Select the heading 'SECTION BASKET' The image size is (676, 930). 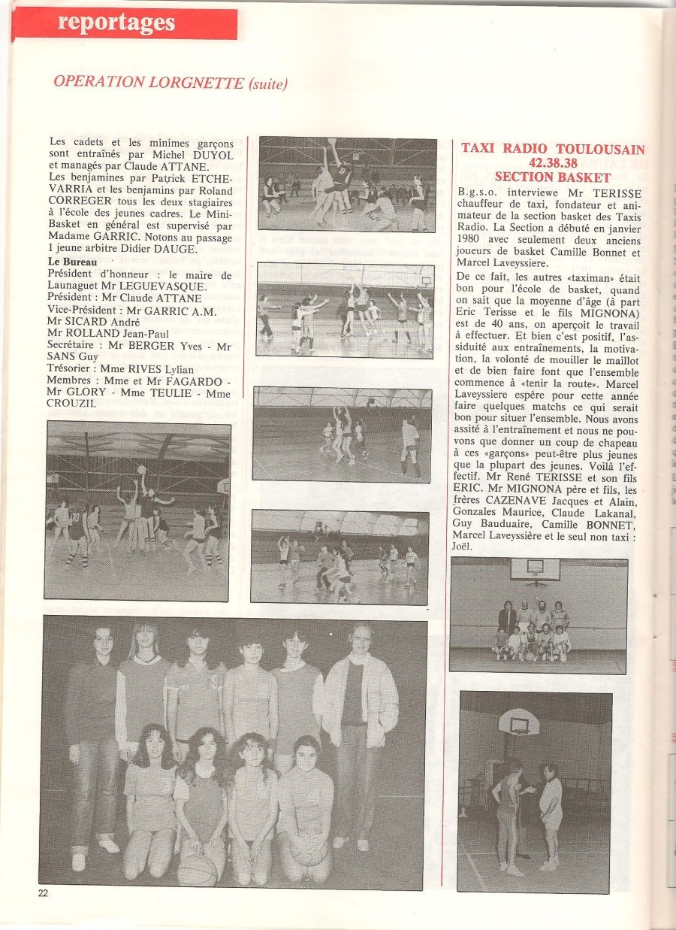coord(552,177)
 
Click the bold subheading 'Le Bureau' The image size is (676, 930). coord(73,262)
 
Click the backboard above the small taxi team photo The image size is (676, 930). coord(534,570)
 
